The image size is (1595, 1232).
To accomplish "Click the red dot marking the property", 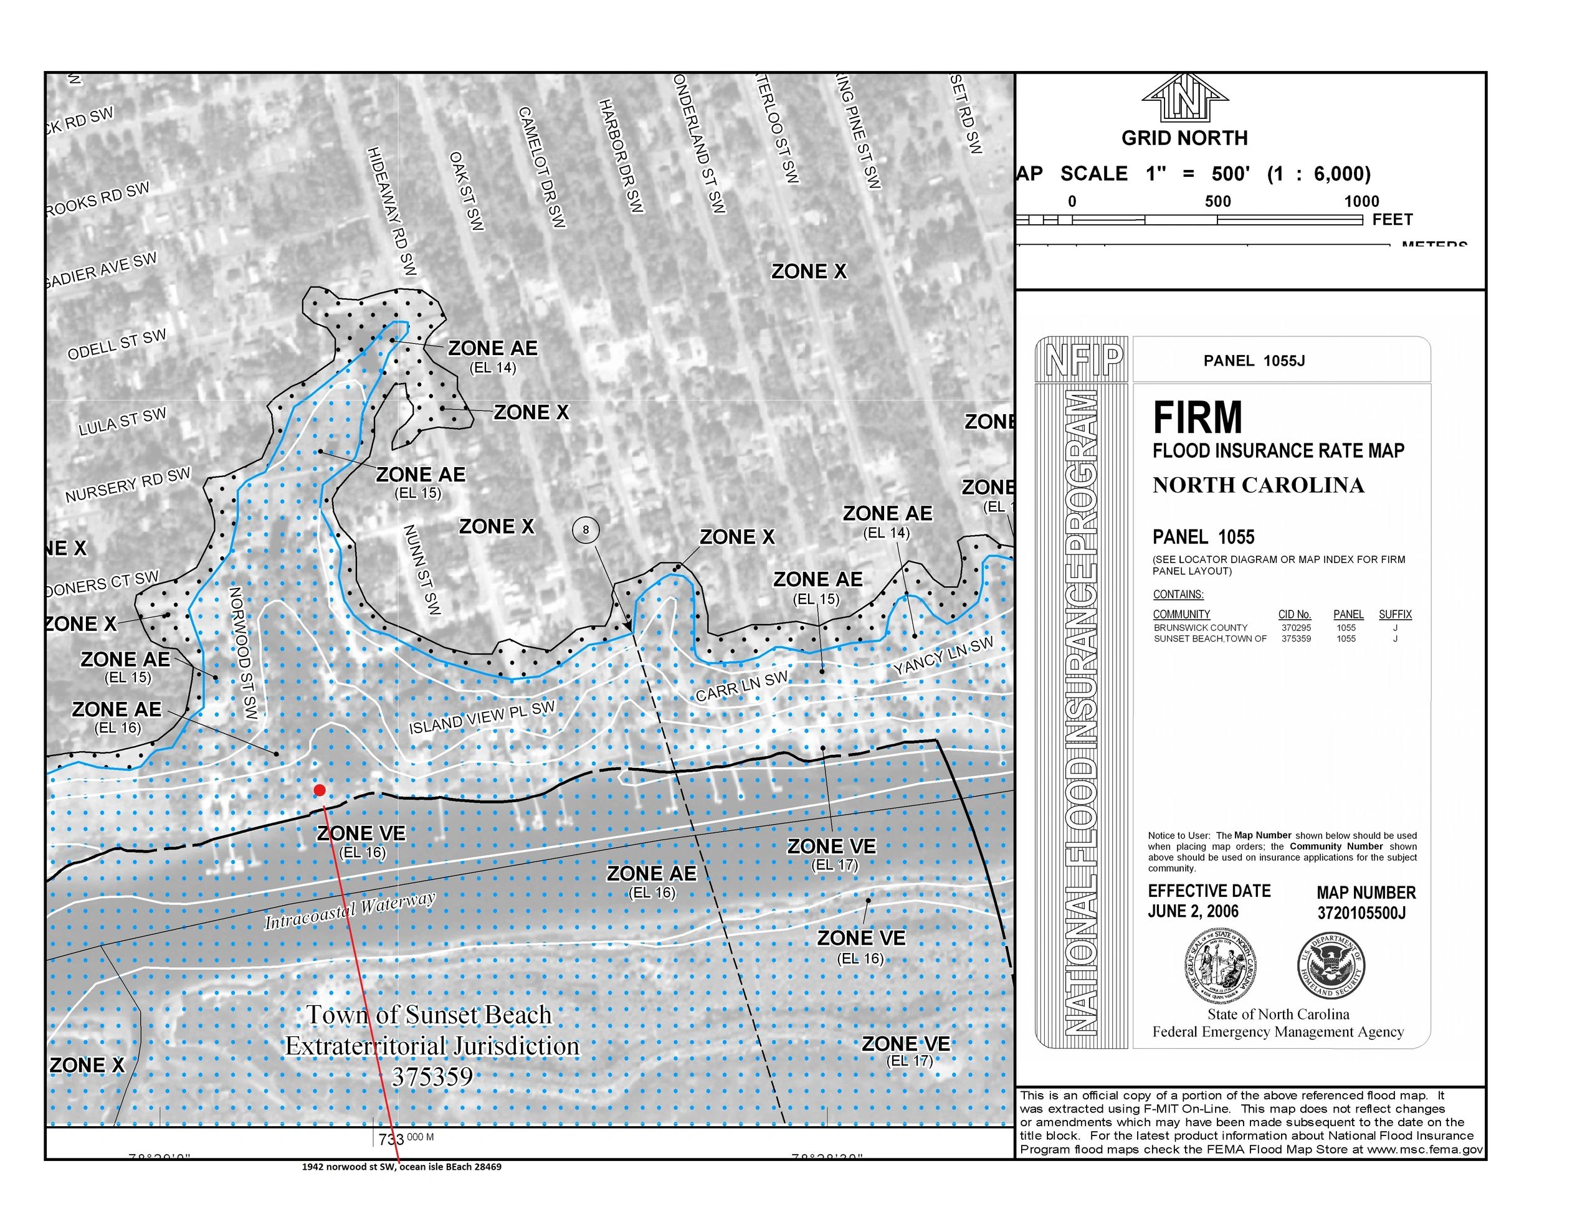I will coord(319,790).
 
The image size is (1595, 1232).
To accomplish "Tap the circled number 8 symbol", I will coord(585,529).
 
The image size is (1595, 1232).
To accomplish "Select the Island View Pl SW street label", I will coord(482,717).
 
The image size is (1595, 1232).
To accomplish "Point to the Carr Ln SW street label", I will coord(741,686).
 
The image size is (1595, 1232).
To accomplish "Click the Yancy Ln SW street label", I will coord(943,655).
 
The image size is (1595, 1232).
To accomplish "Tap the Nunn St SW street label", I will coord(422,570).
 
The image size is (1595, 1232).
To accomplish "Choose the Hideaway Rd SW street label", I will coord(391,211).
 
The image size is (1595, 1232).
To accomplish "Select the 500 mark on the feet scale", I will coord(1217,202).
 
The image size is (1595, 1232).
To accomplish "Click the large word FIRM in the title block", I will coord(1197,418).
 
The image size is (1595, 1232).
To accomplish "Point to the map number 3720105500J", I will coord(1361,913).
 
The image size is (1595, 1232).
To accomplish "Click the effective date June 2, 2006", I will coord(1193,911).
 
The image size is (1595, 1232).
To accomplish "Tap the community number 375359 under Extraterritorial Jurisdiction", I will coord(432,1076).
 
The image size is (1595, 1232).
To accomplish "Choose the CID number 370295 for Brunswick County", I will coord(1295,627).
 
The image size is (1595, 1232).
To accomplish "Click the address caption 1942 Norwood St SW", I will coord(402,1167).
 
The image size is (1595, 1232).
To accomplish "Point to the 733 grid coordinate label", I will coord(391,1139).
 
